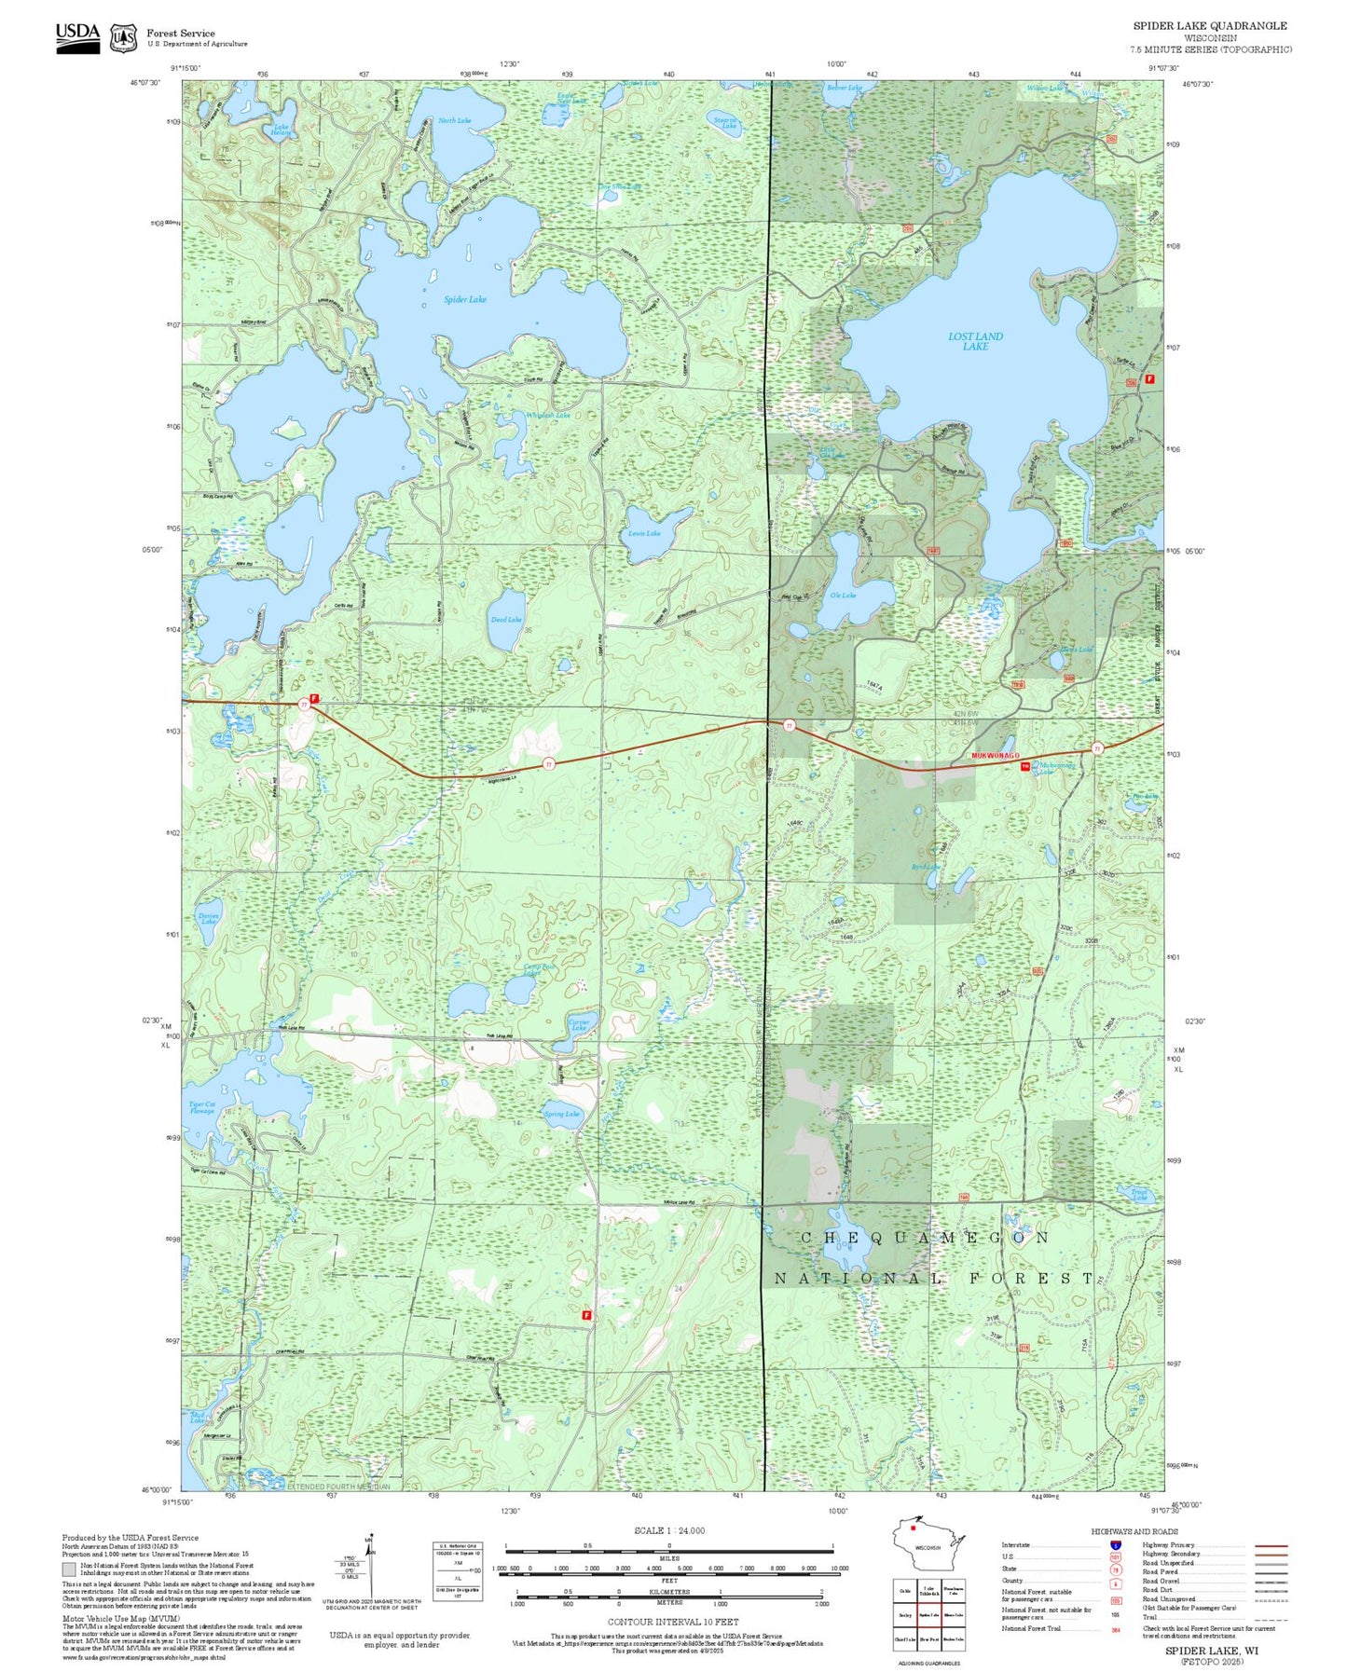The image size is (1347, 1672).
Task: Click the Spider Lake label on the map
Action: point(464,299)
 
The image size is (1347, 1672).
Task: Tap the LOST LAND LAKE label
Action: point(975,341)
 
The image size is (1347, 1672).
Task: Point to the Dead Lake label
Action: point(506,619)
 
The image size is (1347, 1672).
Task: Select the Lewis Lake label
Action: point(644,533)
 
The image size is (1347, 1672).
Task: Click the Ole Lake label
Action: point(843,595)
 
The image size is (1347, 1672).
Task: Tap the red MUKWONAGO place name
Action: point(995,755)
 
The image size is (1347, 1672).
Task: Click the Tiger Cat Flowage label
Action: point(202,1107)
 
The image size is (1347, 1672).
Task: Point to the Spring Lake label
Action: point(561,1114)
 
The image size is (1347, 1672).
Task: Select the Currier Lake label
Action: point(579,1025)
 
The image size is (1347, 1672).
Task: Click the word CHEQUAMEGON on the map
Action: point(925,1238)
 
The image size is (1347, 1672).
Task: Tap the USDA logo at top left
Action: point(77,36)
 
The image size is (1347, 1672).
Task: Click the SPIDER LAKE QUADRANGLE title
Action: point(1209,26)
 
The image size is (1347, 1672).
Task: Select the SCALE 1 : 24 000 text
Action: point(668,1530)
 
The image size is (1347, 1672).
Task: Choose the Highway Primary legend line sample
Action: point(1271,1545)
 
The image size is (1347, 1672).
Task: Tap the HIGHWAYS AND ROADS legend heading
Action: point(1134,1531)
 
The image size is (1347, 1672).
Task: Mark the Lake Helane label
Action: point(281,131)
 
